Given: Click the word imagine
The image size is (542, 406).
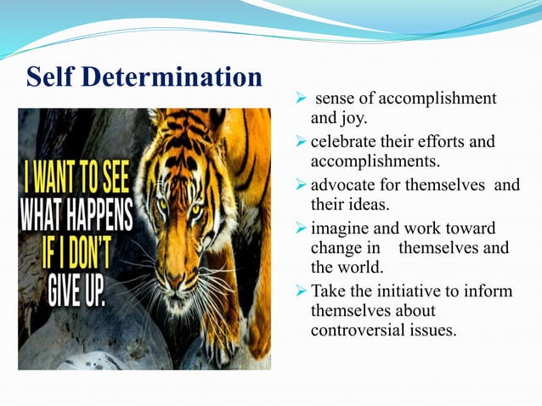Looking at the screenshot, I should click(x=339, y=228).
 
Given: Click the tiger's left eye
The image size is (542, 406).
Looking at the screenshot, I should click(x=160, y=205).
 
